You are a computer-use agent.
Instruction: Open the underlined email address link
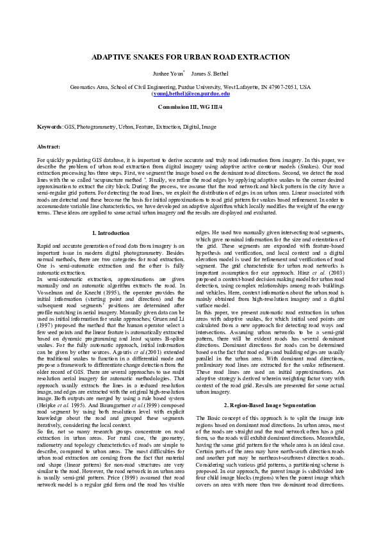point(190,93)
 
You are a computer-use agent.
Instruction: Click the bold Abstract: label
point(49,147)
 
